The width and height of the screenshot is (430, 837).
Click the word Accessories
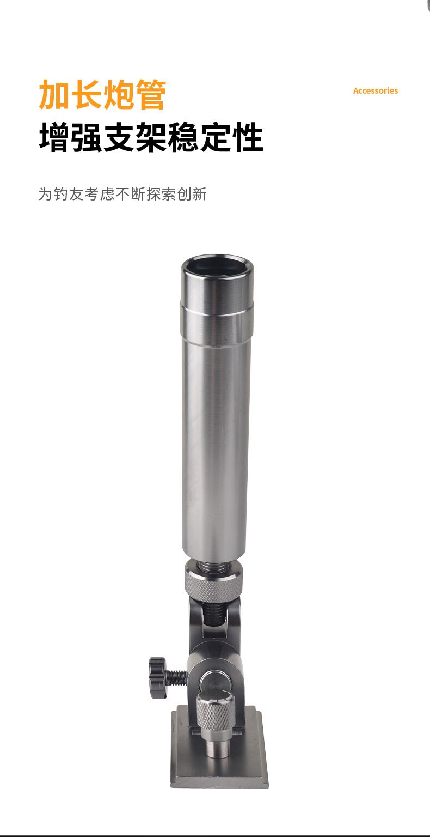[376, 91]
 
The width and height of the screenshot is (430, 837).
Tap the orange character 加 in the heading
[54, 94]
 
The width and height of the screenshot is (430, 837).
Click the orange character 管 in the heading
[151, 94]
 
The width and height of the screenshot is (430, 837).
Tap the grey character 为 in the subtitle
[46, 194]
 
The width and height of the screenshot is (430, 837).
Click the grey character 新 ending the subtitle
[200, 194]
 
